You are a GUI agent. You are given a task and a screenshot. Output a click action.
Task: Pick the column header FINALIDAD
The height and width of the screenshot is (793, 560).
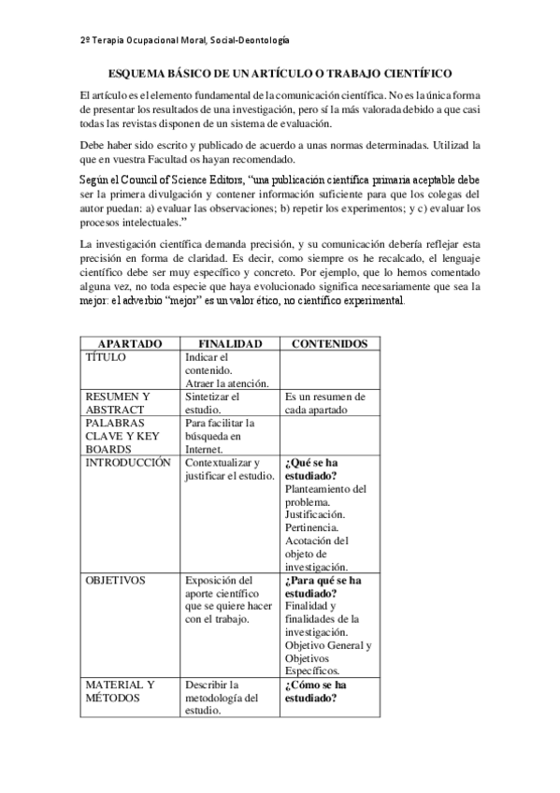coord(229,344)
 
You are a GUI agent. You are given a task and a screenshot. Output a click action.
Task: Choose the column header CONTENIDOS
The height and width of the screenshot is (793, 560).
coord(329,344)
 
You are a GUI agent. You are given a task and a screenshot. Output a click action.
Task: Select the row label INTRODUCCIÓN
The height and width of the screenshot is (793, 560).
coord(128,462)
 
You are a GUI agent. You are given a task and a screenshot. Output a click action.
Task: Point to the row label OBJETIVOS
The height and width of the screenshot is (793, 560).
coord(115,580)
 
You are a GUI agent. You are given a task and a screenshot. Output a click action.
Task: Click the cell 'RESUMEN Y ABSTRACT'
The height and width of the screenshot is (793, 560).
coord(117,403)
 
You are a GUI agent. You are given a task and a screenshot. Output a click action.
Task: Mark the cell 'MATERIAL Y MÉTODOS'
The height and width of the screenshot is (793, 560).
coord(120,691)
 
